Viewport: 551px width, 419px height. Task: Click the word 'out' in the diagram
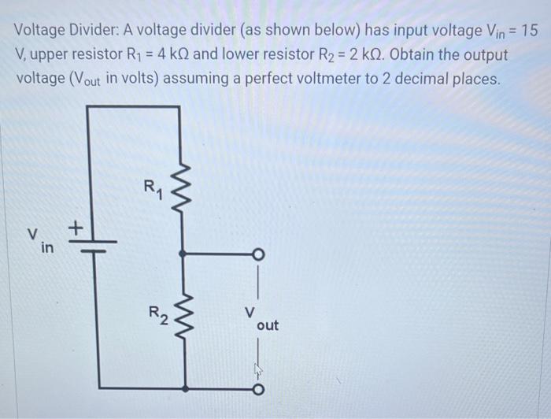click(268, 325)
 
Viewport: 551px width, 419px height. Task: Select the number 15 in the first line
click(531, 32)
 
